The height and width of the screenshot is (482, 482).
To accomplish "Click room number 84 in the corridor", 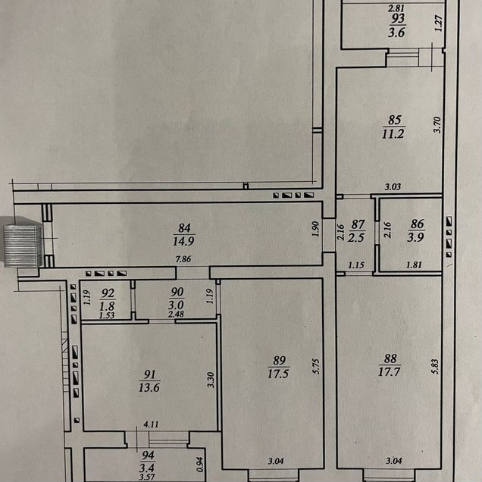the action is click(x=184, y=228).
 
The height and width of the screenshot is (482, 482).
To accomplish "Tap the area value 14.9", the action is click(x=183, y=241).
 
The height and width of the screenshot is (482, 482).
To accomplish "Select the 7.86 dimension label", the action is click(x=183, y=259).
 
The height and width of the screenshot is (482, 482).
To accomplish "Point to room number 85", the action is click(x=395, y=120).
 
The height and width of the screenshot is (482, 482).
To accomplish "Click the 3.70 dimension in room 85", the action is click(x=437, y=124).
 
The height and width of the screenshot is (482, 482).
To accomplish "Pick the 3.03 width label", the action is click(x=393, y=186).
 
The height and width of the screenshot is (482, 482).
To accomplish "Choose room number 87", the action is click(x=358, y=225).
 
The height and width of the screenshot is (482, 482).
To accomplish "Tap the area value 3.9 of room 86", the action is click(x=415, y=237).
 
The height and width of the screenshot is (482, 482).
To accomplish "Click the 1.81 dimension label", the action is click(x=414, y=264).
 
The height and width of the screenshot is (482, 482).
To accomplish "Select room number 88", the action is click(x=390, y=358).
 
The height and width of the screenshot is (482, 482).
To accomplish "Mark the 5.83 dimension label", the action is click(x=436, y=367).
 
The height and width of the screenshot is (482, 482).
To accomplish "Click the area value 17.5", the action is click(x=278, y=374).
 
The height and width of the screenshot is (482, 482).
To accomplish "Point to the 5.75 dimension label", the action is click(x=316, y=366).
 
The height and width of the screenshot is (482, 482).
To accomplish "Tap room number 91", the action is click(x=150, y=374).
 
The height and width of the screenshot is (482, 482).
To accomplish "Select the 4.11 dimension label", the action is click(x=151, y=424).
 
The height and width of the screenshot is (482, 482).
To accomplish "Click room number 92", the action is click(x=108, y=293).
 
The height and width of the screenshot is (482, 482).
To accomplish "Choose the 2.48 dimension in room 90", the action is click(x=176, y=315).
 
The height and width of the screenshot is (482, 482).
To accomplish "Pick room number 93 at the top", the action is click(x=397, y=19).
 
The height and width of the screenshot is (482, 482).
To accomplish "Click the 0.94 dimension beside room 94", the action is click(x=200, y=465).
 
